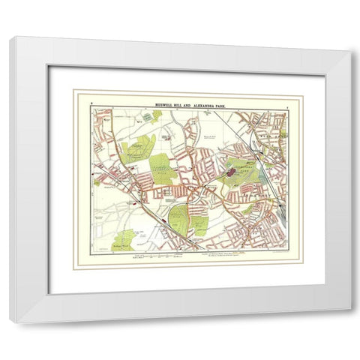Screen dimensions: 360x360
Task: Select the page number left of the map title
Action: point(91,99)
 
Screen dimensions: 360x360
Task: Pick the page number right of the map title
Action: point(286,99)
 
